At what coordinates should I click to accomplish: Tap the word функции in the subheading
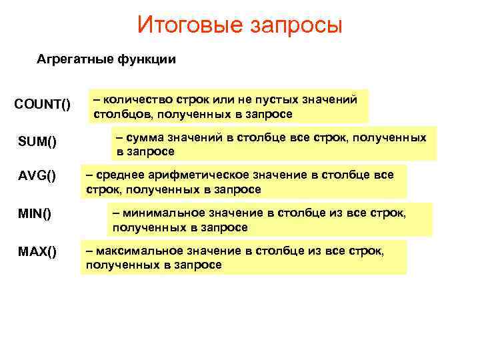(x=147, y=60)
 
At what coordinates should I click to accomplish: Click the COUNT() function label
(x=42, y=105)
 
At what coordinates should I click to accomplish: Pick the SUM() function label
(x=37, y=141)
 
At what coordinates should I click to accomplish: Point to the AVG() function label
(x=37, y=177)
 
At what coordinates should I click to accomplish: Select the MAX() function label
(x=38, y=252)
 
